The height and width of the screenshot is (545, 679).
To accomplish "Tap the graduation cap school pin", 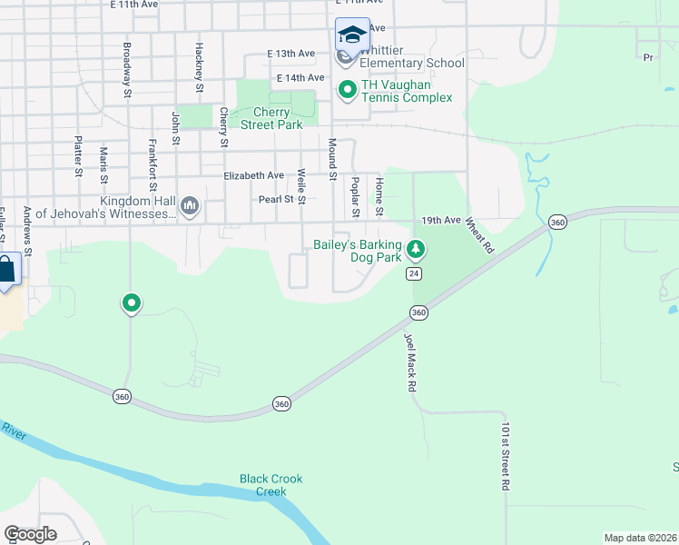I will [x=352, y=35].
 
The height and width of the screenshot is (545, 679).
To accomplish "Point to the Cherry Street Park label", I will [x=265, y=119].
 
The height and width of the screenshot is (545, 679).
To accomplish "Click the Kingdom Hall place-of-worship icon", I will [x=190, y=206].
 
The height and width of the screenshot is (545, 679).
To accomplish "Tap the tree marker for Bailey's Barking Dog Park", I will [x=416, y=247].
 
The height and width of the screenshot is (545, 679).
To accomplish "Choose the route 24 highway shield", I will [x=415, y=273].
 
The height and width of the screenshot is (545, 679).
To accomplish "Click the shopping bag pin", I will [x=5, y=269].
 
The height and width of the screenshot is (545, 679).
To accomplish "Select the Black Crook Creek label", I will [x=271, y=485].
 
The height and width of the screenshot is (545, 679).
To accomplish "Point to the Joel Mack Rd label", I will [x=410, y=362].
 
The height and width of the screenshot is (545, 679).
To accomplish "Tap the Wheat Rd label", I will [x=480, y=234].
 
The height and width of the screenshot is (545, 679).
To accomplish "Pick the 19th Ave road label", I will [x=441, y=221].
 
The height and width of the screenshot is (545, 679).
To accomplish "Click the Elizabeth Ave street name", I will [x=254, y=175].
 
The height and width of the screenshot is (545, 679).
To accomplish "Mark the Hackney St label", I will [x=198, y=67].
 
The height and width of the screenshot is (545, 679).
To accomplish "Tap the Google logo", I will [x=30, y=534].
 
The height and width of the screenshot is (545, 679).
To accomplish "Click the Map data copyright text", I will [x=639, y=538].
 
